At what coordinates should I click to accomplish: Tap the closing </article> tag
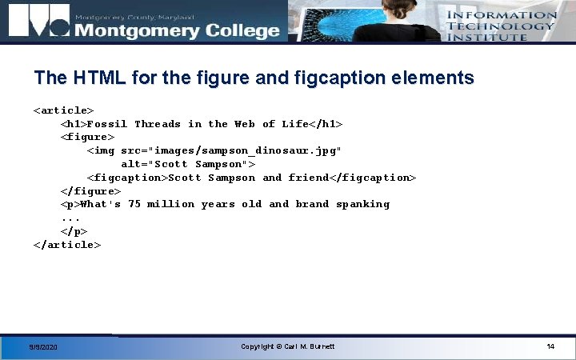[67, 244]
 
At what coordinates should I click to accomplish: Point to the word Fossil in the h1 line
[107, 124]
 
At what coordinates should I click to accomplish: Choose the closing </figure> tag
[90, 190]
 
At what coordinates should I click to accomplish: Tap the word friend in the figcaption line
[308, 178]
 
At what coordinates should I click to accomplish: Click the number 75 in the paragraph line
[134, 204]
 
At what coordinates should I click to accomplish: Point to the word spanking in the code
[362, 204]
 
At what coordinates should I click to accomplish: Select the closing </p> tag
[74, 230]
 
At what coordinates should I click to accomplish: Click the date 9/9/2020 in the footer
[42, 347]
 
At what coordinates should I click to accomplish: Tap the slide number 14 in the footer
[550, 346]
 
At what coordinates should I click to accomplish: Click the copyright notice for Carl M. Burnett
[288, 346]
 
